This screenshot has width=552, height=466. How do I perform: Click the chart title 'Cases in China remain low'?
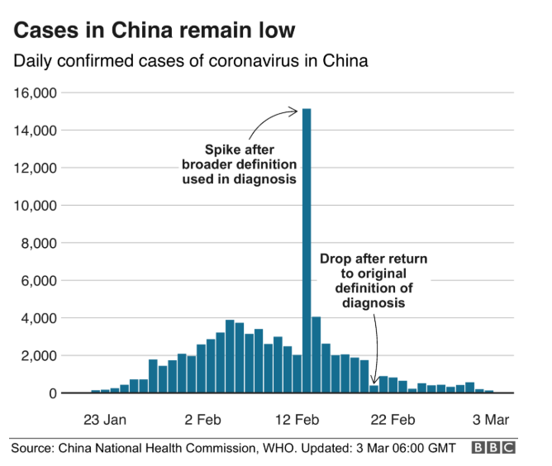pos(154,31)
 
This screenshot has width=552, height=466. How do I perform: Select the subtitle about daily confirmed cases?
pos(189,62)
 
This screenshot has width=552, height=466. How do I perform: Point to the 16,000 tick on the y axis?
pos(35,93)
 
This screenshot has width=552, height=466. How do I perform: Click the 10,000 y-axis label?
pos(35,205)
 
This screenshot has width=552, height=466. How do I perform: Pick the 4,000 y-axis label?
pos(38,318)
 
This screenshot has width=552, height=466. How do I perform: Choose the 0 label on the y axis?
pos(51,393)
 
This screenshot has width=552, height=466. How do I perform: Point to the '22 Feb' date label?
pos(393,420)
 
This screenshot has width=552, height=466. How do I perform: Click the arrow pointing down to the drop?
pos(377,347)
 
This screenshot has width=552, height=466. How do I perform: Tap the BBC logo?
pos(493,448)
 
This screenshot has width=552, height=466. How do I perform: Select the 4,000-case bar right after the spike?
pos(316,354)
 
